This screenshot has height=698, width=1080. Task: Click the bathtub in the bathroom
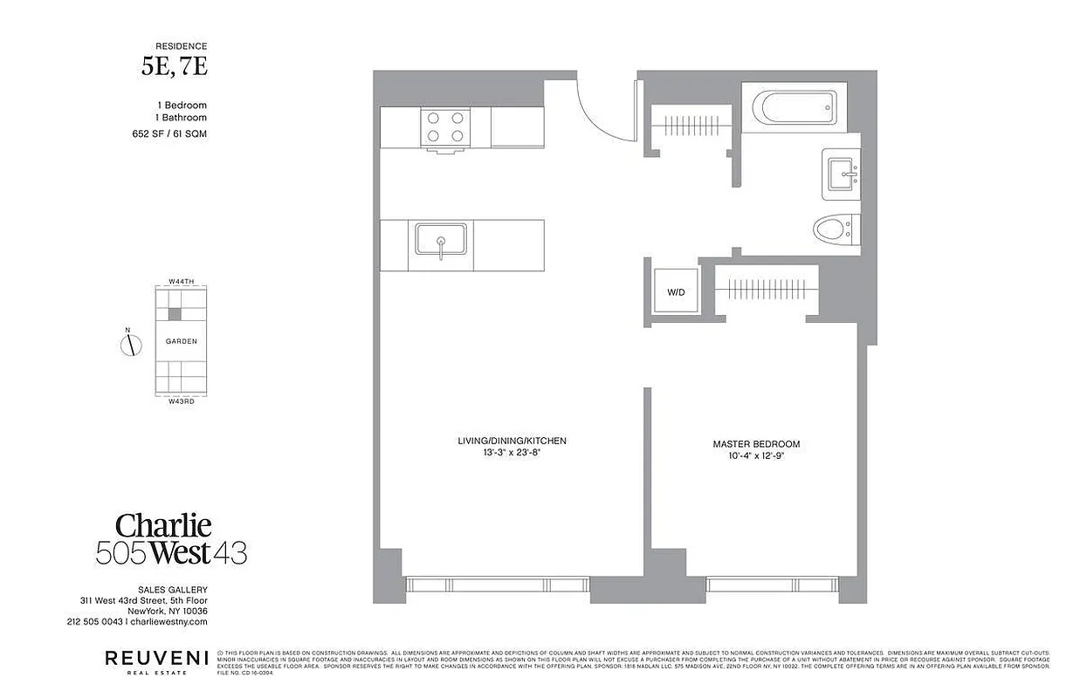[794, 109]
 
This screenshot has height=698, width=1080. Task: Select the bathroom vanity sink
[842, 174]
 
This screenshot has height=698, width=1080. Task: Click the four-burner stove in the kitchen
[445, 127]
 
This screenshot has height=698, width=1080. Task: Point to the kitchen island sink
[441, 241]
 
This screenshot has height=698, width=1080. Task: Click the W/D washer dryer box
[677, 292]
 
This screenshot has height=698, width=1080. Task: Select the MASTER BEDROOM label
[756, 444]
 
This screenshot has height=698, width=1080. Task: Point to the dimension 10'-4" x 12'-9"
[756, 456]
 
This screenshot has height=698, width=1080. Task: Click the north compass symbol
[130, 345]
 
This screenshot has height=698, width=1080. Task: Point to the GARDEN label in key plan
[181, 341]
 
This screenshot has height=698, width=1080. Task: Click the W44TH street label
[181, 282]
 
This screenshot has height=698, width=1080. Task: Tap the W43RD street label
[181, 401]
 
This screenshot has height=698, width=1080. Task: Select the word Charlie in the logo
[164, 525]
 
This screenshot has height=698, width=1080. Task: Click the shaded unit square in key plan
[175, 313]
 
